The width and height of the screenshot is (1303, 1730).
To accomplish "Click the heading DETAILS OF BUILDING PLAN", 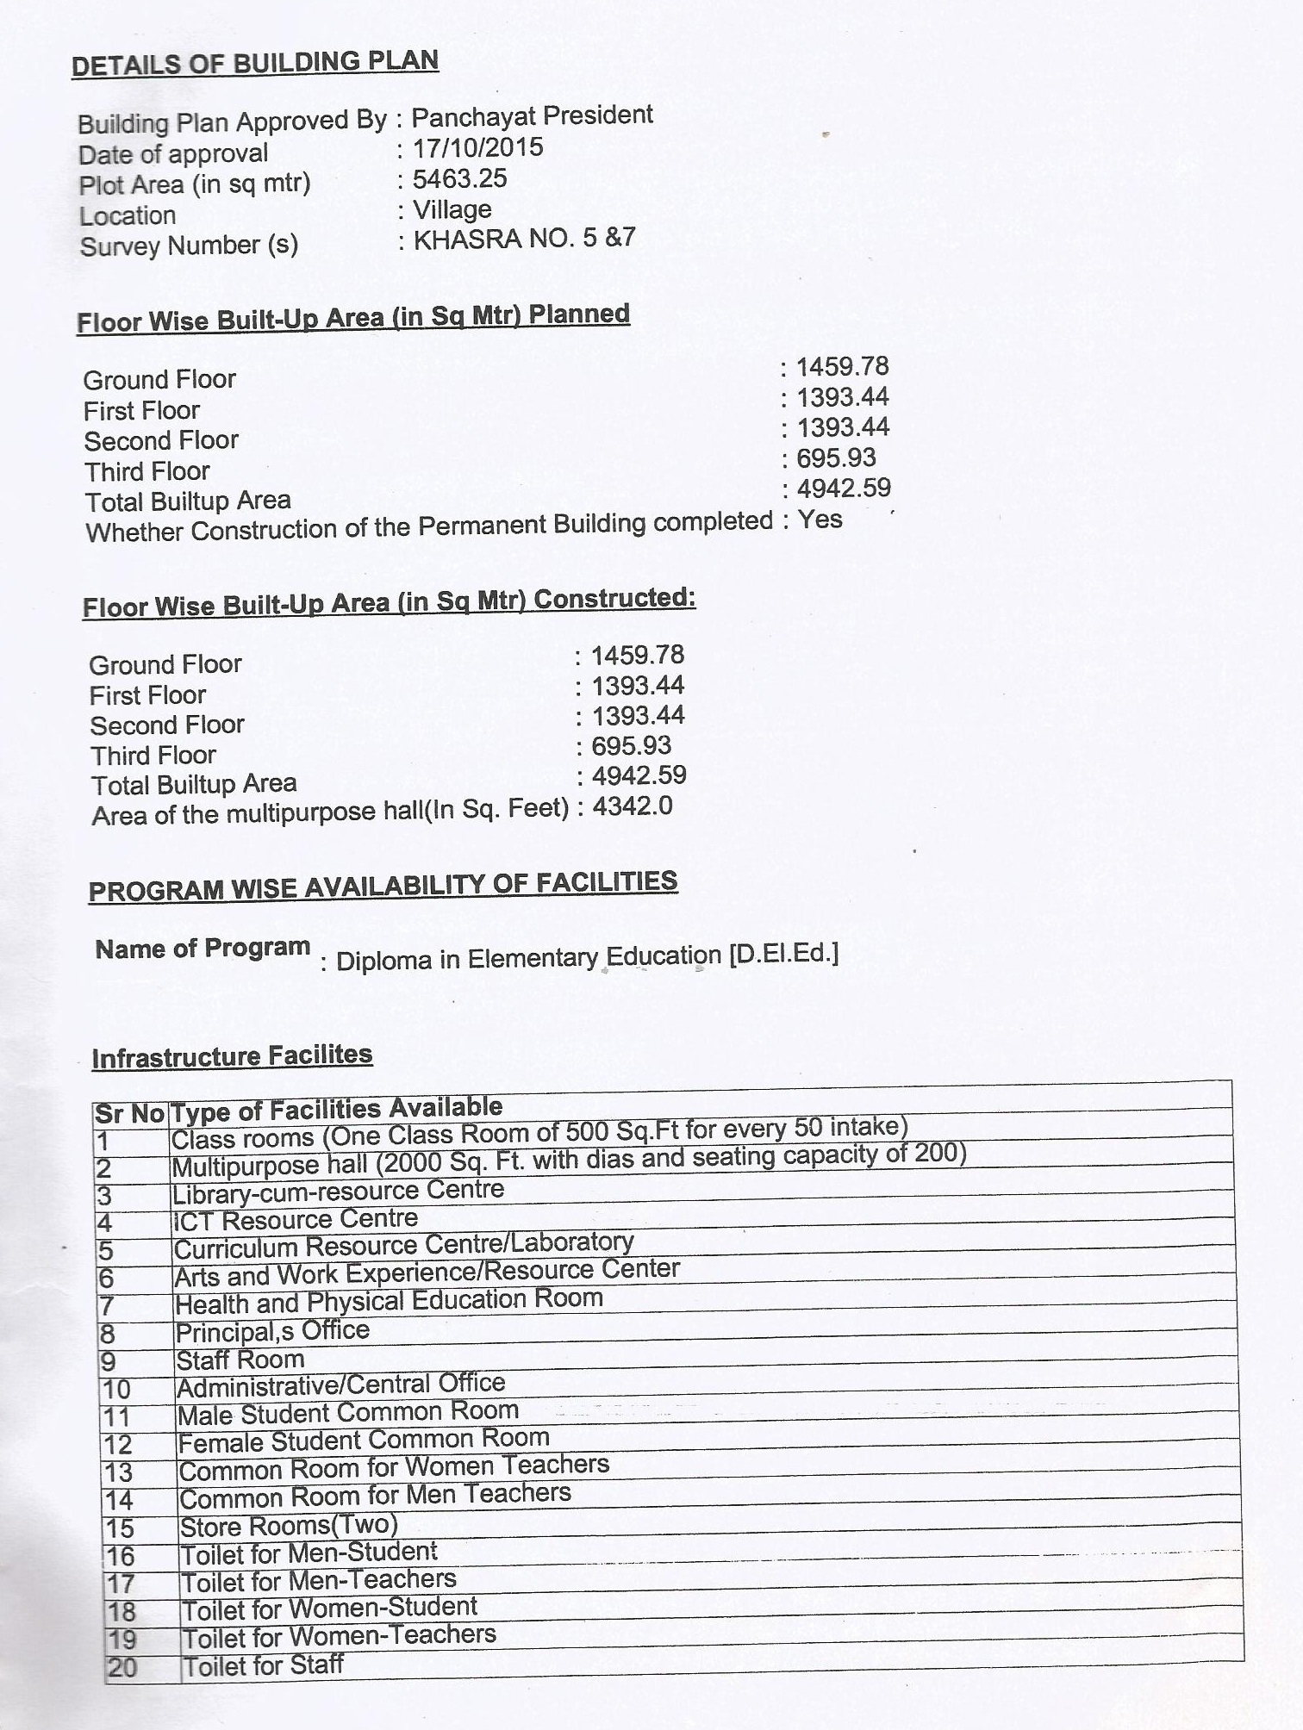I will (255, 64).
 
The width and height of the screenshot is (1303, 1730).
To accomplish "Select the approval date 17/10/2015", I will (477, 148).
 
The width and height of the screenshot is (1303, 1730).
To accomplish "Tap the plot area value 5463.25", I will (460, 179).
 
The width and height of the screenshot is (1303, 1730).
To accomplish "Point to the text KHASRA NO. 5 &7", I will (524, 239).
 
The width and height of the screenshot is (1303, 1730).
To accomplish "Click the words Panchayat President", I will (532, 115).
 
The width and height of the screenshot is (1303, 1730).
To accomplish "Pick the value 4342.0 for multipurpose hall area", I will (633, 807).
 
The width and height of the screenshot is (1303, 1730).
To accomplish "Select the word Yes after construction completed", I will (820, 520).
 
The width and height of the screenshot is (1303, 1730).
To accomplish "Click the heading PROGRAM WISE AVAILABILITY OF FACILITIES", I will (383, 887).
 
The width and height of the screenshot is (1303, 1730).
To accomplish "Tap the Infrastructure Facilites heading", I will (232, 1056).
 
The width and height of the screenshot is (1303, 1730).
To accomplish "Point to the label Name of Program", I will (203, 949).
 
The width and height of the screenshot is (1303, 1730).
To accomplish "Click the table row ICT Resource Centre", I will (295, 1219).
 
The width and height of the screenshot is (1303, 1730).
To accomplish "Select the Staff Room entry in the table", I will (240, 1360).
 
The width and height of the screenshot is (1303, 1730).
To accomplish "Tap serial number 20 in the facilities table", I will (122, 1667).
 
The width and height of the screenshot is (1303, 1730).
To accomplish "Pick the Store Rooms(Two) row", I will (288, 1526).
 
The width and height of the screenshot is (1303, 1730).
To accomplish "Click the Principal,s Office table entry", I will (272, 1332).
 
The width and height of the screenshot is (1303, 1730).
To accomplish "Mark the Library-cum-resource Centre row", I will (338, 1192).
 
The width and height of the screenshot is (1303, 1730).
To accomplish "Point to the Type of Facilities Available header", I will (336, 1110).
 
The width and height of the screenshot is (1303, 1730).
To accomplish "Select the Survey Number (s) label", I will (189, 246).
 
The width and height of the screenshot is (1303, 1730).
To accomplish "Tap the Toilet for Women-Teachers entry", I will (339, 1635).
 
